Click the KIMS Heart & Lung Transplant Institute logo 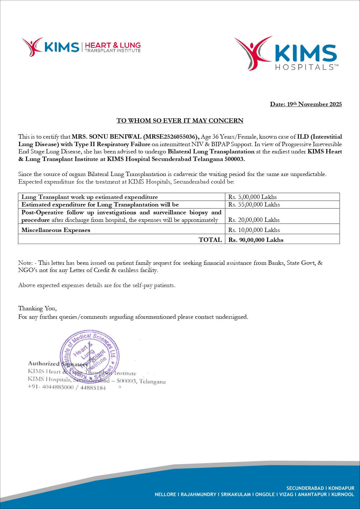click(x=81, y=47)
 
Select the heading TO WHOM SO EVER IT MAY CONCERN click(x=180, y=121)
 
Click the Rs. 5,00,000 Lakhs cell click(x=252, y=197)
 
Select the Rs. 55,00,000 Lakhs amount click(x=254, y=204)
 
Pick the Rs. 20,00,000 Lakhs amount click(x=254, y=220)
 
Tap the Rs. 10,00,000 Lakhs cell click(x=254, y=230)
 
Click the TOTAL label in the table click(x=210, y=240)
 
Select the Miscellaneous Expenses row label click(x=56, y=230)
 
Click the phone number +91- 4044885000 click(x=51, y=387)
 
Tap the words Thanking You click(x=37, y=308)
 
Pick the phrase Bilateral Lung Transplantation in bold click(x=211, y=151)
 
